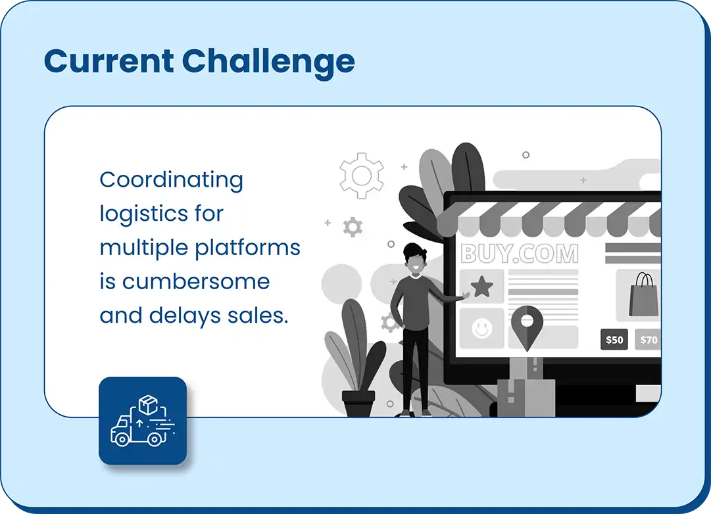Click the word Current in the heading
(109, 60)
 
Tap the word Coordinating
(172, 181)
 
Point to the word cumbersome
(196, 281)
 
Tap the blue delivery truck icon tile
(143, 421)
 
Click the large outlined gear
(361, 176)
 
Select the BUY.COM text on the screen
(520, 254)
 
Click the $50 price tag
(614, 340)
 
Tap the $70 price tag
(648, 340)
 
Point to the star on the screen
(481, 287)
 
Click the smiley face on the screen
(481, 328)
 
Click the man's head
(415, 259)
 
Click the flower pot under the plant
(358, 403)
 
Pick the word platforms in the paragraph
(247, 248)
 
